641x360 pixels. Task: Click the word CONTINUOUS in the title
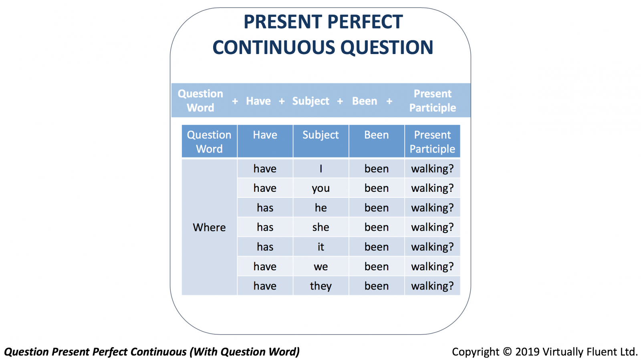274,47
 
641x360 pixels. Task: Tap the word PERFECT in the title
365,22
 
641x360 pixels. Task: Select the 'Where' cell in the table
209,227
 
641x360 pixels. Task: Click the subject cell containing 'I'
321,169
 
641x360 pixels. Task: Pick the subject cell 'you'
321,188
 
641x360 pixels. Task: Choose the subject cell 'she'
321,227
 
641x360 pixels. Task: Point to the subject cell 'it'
321,247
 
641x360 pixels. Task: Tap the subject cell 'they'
321,286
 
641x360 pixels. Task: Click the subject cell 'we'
321,267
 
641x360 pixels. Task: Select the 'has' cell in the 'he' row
265,207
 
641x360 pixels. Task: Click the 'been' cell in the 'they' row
377,286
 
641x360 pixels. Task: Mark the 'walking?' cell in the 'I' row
432,169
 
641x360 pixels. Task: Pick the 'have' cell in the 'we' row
265,267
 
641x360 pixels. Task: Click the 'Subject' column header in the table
321,141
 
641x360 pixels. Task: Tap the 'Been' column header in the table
377,141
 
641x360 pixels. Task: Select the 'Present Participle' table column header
432,141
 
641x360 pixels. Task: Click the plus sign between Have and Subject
282,101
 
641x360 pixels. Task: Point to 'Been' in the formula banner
365,101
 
